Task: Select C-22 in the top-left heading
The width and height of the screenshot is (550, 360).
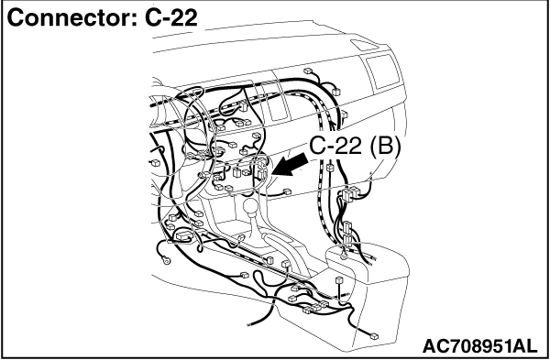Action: click(x=171, y=17)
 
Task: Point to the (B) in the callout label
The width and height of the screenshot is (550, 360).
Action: click(x=385, y=146)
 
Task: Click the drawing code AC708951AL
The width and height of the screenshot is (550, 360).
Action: click(x=479, y=346)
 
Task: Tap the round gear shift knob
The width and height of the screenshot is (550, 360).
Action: click(x=251, y=205)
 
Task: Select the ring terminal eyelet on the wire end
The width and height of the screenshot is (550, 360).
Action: click(x=166, y=260)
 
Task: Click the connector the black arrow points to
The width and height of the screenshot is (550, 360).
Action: click(x=263, y=174)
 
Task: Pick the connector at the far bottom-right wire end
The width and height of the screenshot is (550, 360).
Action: click(x=374, y=336)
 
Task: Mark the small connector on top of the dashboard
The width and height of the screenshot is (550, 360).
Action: click(x=308, y=71)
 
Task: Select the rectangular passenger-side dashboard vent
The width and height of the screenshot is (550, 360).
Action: click(x=383, y=71)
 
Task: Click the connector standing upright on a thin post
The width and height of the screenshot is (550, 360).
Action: click(x=339, y=280)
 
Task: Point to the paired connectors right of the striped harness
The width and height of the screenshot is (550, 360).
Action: click(x=349, y=194)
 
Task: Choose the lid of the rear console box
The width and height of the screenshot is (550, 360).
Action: click(x=367, y=261)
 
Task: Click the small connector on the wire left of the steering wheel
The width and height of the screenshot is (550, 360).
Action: click(x=155, y=163)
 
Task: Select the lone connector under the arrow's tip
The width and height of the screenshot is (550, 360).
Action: click(x=287, y=191)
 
